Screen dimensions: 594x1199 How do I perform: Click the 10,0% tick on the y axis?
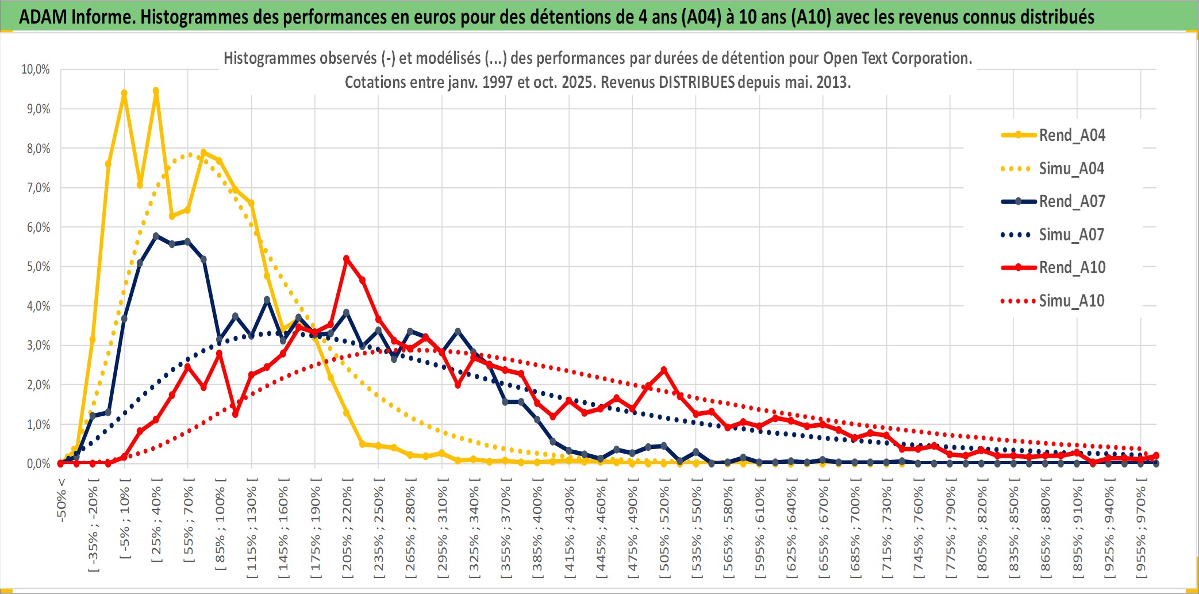(x=36, y=70)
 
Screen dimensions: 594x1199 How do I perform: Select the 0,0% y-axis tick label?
(x=38, y=463)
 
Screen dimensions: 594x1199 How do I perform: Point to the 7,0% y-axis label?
(x=38, y=188)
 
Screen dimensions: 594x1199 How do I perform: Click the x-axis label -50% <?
(x=62, y=499)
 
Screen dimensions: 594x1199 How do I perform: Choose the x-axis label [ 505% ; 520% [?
(x=664, y=529)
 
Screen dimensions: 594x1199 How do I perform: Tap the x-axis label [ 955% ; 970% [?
(x=1141, y=529)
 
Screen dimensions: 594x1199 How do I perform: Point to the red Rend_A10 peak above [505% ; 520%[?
(x=664, y=370)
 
